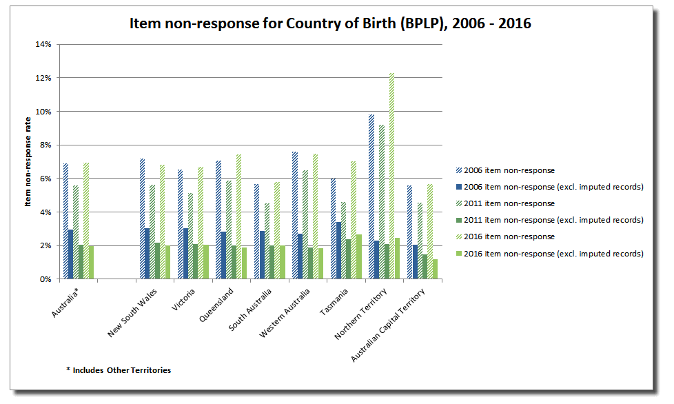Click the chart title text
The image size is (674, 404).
pos(330,23)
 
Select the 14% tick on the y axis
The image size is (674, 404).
pos(43,44)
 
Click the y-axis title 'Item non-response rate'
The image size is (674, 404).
pos(28,161)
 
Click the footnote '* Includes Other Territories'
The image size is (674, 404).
pos(119,370)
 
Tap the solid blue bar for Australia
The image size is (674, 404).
pos(70,254)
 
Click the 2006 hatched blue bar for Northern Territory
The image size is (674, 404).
pos(371,196)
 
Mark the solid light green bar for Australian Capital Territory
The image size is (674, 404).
pos(435,269)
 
